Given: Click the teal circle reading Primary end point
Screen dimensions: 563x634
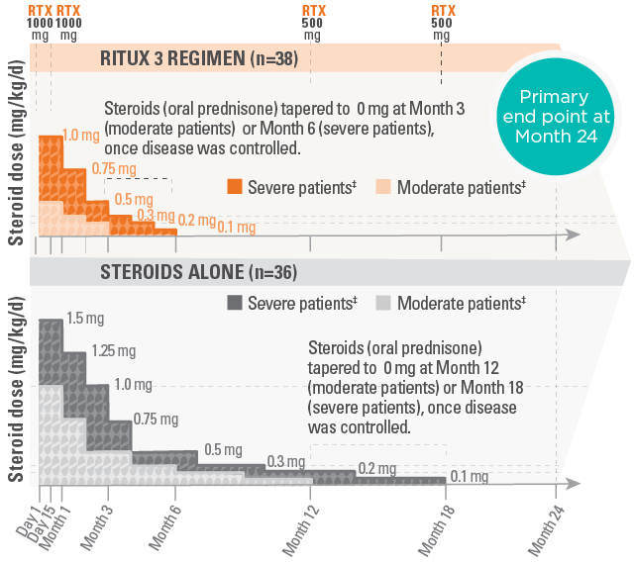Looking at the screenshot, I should tap(562, 118).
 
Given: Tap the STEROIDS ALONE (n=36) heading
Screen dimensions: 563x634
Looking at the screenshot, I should tap(199, 272).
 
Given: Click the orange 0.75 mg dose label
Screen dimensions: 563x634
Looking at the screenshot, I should tap(110, 168).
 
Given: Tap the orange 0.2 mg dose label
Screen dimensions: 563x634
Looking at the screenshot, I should tap(195, 220).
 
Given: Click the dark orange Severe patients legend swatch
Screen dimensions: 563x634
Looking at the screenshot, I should tap(235, 186).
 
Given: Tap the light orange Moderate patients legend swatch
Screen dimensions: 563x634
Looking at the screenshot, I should tap(384, 186).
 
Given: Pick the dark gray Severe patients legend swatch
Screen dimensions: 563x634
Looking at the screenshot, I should tap(235, 303).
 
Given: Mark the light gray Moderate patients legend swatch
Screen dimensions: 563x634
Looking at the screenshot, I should tap(384, 303).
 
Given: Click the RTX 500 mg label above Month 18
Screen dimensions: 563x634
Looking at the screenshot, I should tap(442, 22).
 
